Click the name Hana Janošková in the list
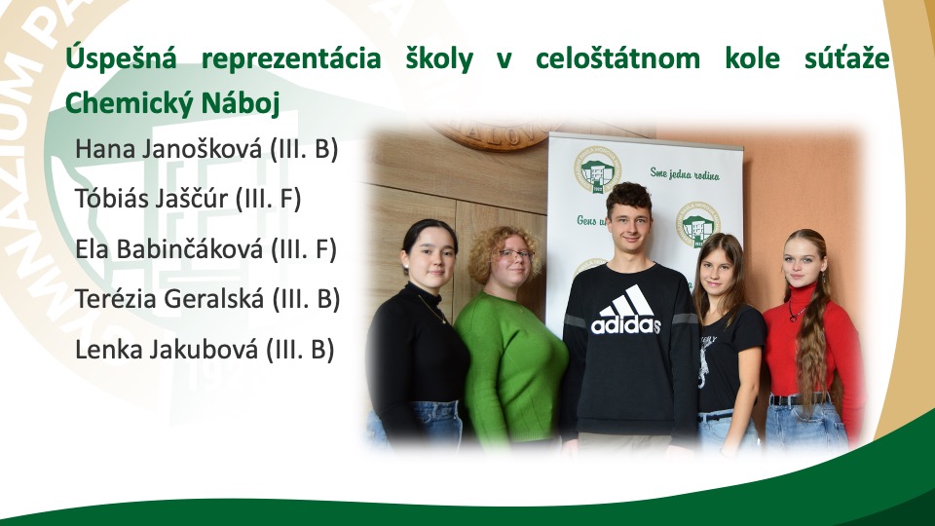168,149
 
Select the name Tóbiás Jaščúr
151,199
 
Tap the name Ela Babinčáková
168,248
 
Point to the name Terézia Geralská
169,299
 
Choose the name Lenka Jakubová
167,350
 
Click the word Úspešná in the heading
121,58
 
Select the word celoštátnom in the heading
617,58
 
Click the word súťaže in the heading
847,58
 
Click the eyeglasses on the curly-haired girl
516,254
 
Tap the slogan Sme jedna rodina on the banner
685,173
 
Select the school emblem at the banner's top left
597,169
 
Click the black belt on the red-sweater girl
799,399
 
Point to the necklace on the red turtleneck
796,312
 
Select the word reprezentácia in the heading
291,58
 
